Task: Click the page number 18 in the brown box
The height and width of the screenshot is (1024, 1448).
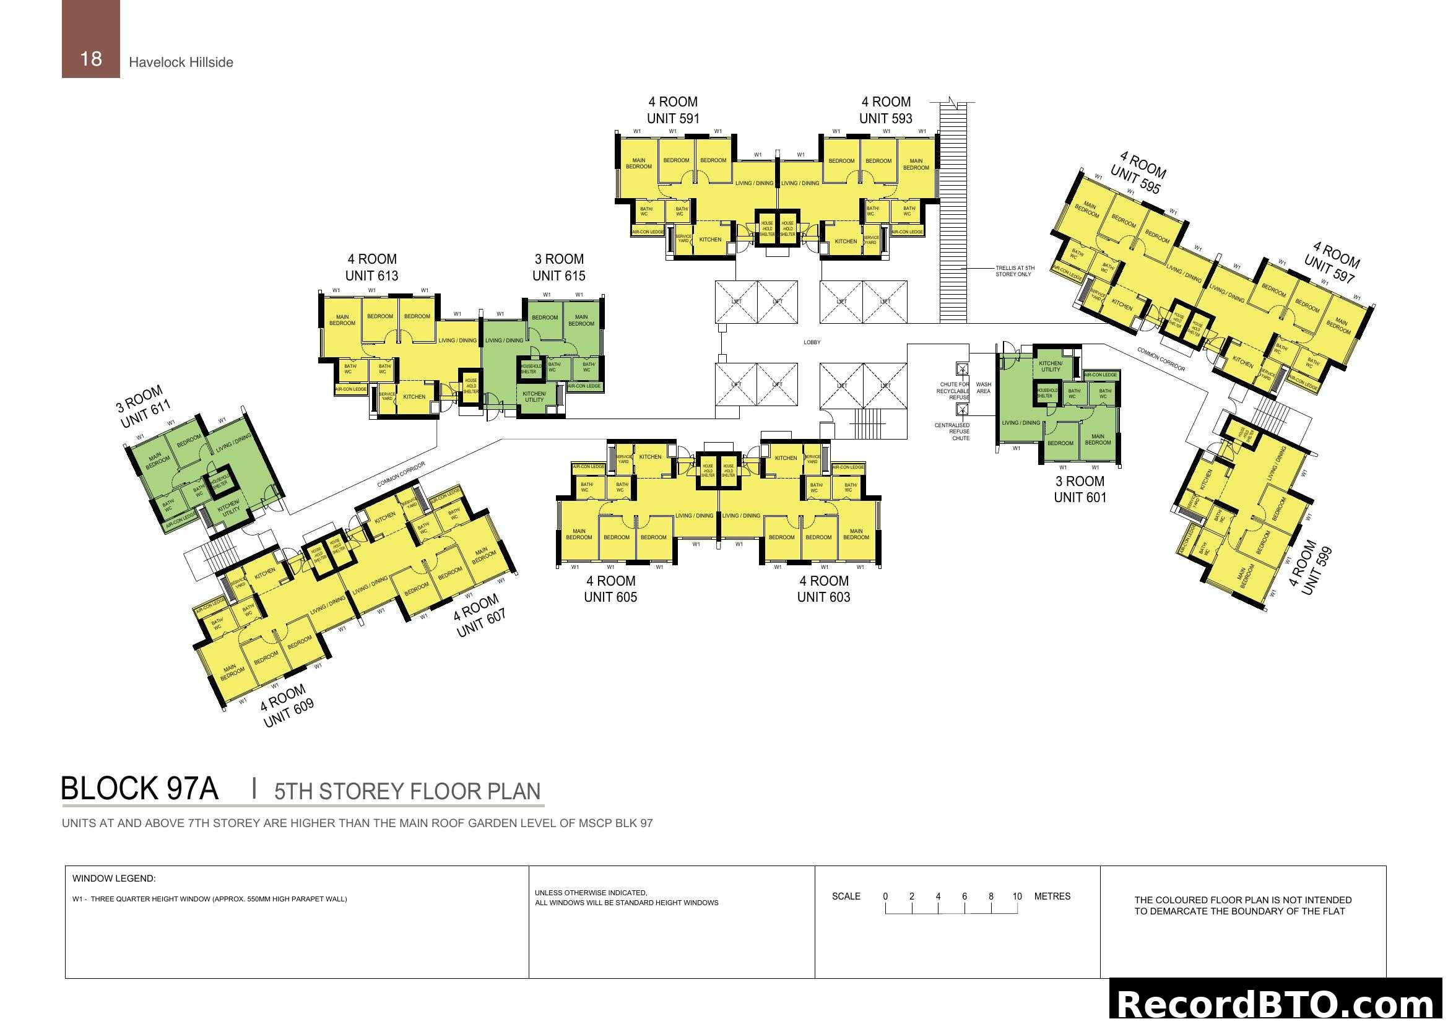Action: (x=91, y=59)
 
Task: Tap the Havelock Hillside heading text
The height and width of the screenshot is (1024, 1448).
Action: (x=181, y=63)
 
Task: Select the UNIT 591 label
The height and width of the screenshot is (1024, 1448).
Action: (x=673, y=118)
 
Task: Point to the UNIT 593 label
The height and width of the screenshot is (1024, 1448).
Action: (x=885, y=118)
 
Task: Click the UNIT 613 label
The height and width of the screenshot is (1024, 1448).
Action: (x=371, y=276)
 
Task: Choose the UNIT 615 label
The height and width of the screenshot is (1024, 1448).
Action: (x=559, y=276)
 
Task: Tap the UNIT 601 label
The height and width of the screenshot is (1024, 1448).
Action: (x=1080, y=498)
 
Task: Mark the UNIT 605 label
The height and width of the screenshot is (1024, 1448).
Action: (x=610, y=597)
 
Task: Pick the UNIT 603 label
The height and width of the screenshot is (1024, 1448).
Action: (x=823, y=597)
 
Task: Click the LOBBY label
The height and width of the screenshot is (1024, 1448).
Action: (x=812, y=342)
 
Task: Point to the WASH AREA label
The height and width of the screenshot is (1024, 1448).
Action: (x=983, y=388)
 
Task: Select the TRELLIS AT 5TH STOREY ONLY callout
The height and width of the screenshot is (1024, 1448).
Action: (x=1015, y=271)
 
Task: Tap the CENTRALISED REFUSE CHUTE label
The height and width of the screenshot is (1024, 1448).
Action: (x=953, y=432)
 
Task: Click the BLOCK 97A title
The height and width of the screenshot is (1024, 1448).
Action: (x=139, y=789)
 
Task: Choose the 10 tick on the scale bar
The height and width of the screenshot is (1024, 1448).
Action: (x=1017, y=896)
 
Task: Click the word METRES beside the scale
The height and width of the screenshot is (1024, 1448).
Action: (x=1052, y=896)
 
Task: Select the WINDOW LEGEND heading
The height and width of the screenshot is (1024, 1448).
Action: (x=114, y=879)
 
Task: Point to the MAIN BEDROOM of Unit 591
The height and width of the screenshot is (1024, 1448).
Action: (x=638, y=164)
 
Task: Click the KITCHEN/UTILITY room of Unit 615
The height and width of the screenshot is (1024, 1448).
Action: (x=534, y=397)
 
